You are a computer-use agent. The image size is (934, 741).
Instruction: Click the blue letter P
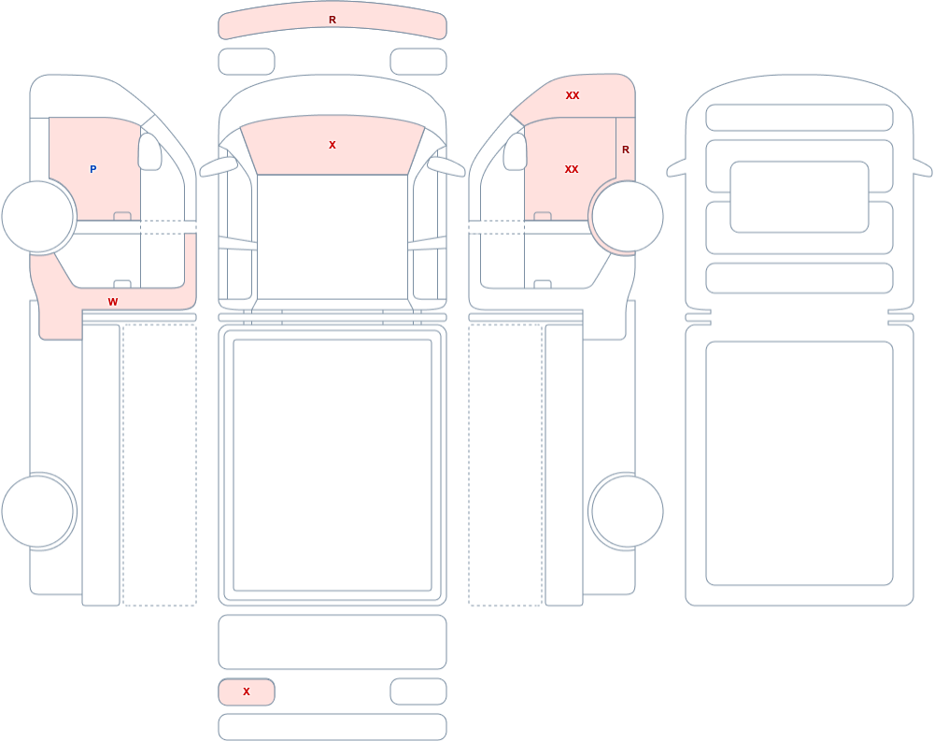coord(92,169)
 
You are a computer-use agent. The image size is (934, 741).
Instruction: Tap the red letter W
coord(113,302)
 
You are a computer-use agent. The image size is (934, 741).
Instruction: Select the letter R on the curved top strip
coord(333,20)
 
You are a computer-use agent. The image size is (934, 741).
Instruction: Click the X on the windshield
coord(333,145)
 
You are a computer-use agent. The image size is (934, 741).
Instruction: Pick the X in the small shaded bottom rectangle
coord(246,691)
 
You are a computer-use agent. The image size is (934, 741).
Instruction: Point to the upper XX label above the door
coord(573,95)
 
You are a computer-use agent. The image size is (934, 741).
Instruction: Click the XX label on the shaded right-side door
coord(572,169)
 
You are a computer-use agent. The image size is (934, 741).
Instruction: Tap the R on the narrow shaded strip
coord(626,150)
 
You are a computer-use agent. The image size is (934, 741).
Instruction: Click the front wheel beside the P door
coord(38,217)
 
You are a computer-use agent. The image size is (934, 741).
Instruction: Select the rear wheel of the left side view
coord(38,511)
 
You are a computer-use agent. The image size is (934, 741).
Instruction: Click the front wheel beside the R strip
coord(626,217)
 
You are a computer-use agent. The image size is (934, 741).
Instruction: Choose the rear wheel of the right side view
coord(626,511)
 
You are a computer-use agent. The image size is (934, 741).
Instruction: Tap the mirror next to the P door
coord(149,151)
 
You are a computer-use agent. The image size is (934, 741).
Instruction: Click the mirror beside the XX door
coord(516,151)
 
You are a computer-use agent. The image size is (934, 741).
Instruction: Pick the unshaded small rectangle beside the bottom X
coord(418,691)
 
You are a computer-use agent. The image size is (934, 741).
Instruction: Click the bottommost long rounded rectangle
coord(333,727)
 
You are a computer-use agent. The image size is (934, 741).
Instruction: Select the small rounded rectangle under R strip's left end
coord(247,62)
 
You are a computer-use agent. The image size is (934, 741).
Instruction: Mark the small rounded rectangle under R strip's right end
coord(418,62)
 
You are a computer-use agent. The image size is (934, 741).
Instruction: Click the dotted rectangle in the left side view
coord(160,465)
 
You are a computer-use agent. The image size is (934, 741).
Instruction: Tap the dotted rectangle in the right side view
coord(505,465)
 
